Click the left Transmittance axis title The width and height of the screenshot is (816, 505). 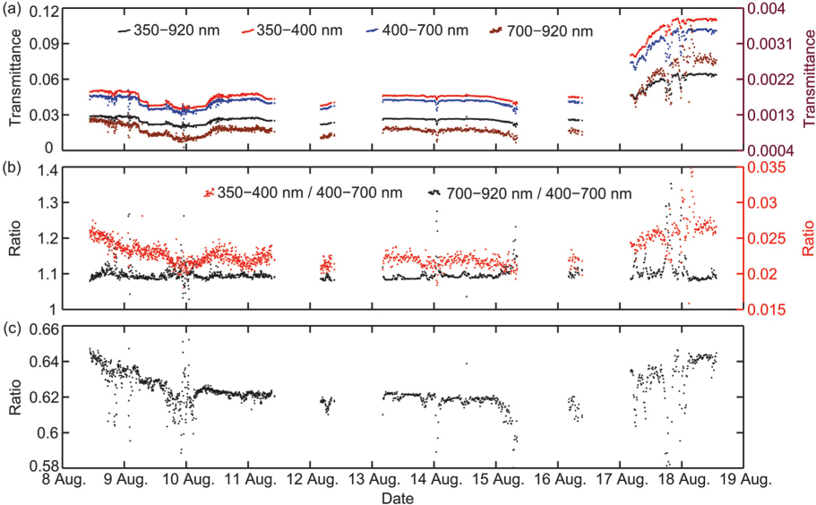(11, 79)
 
